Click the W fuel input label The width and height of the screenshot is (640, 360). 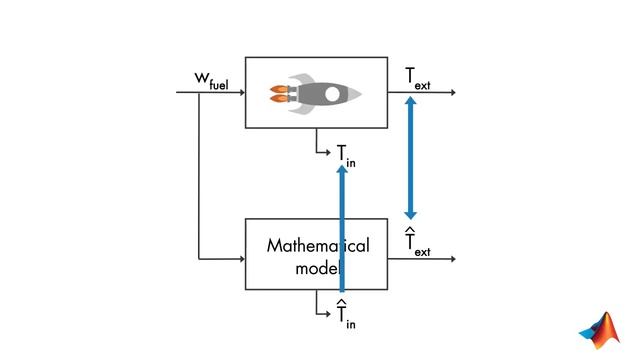tap(212, 80)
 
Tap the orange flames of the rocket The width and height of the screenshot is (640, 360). tap(280, 94)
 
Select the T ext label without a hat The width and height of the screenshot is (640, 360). tap(418, 77)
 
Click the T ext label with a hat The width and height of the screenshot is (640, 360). tap(417, 242)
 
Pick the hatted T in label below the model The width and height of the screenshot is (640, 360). tap(345, 315)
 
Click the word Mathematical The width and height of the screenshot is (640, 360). tap(317, 246)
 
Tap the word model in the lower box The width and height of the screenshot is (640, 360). tap(318, 268)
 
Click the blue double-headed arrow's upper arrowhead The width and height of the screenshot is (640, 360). tap(410, 102)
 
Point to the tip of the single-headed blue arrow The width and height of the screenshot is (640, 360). tap(342, 168)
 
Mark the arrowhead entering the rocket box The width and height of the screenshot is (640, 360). tap(242, 92)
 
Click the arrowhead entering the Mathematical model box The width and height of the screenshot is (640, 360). tap(242, 259)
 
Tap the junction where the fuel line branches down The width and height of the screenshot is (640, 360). tap(199, 92)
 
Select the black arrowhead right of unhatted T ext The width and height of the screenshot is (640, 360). tap(453, 92)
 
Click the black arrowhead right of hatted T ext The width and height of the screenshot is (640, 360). tap(453, 259)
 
